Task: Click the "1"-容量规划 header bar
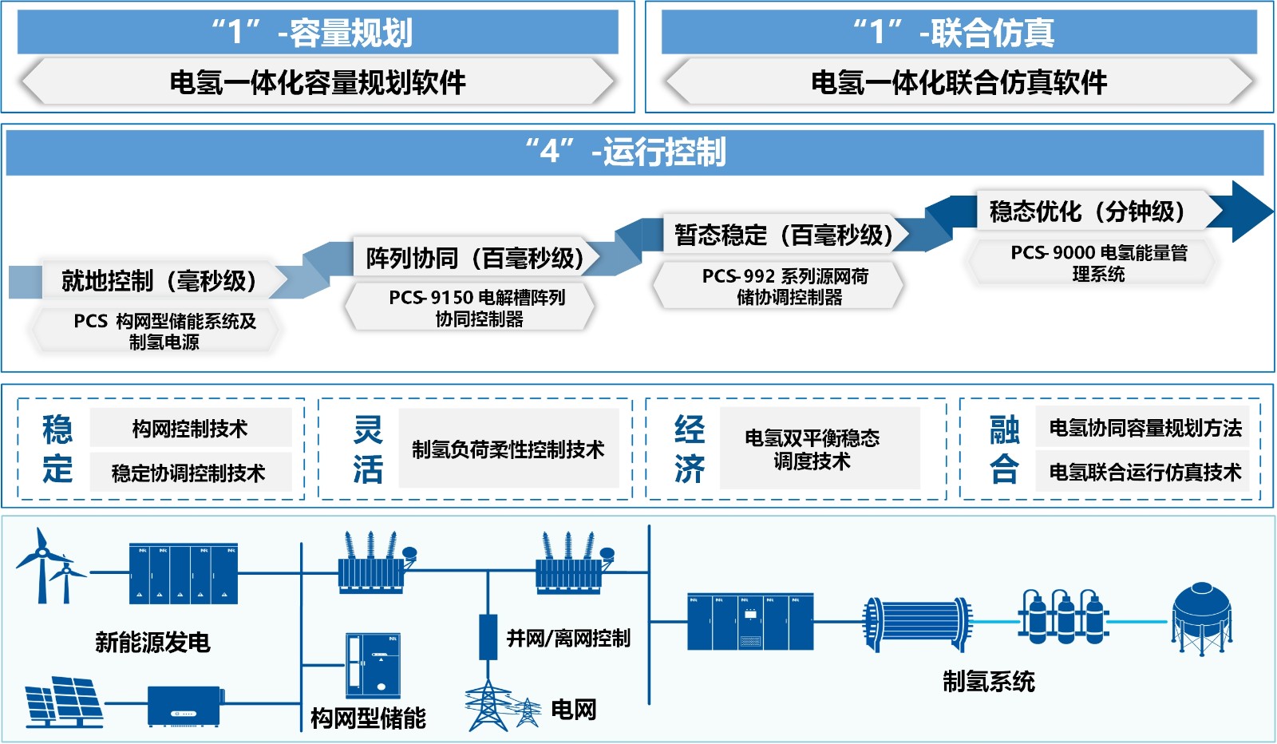coord(318,33)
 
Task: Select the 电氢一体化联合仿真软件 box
coord(959,82)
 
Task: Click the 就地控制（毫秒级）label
coord(160,281)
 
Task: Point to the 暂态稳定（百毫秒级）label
coord(784,235)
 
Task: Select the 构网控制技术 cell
coord(190,429)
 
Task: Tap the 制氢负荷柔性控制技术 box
coord(508,449)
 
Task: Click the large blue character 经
coord(689,429)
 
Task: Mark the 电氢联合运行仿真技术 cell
coord(1145,473)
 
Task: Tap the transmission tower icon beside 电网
coord(488,706)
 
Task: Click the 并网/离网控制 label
coord(568,639)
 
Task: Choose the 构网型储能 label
coord(368,718)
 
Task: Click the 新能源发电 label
coord(152,643)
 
